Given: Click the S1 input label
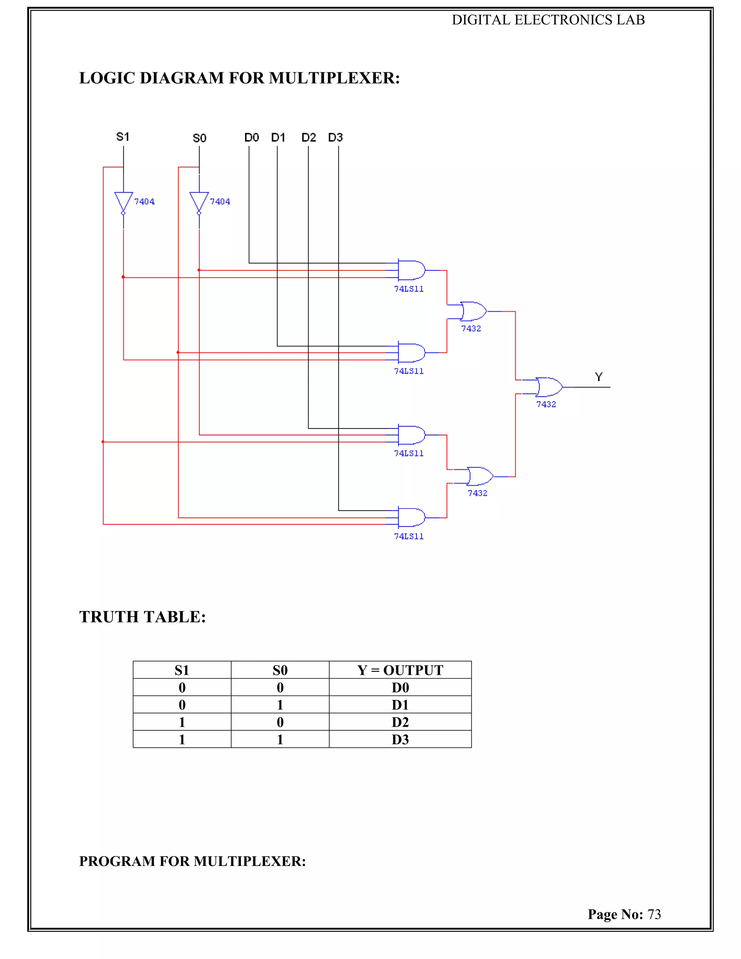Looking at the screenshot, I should [x=123, y=137].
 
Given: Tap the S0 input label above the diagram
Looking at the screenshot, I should [x=199, y=138].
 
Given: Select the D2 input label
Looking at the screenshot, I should [x=309, y=138].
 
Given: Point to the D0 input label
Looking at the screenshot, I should [x=251, y=138].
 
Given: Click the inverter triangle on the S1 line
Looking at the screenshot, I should [x=123, y=201].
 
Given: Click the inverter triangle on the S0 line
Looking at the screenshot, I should [x=199, y=201].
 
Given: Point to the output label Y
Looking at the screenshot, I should [x=599, y=377].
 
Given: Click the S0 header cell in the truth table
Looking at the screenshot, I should [x=280, y=670].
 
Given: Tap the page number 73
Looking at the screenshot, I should [x=654, y=914].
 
